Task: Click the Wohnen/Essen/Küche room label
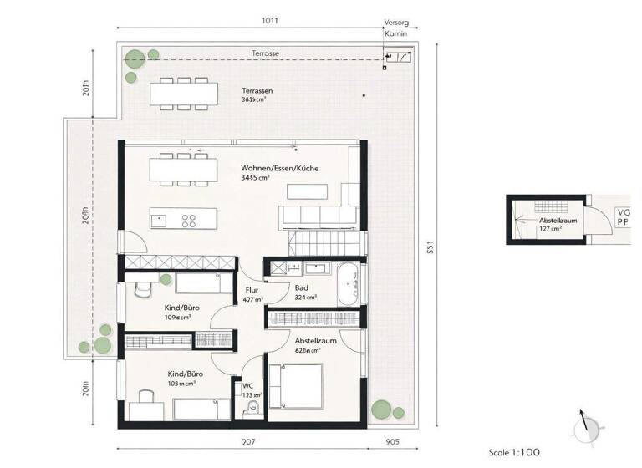click(x=279, y=167)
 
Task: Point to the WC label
click(x=247, y=386)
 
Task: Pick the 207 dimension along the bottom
click(x=247, y=441)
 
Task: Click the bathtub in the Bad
click(x=349, y=284)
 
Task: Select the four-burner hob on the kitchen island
click(x=189, y=221)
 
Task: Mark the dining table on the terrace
click(x=181, y=93)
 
